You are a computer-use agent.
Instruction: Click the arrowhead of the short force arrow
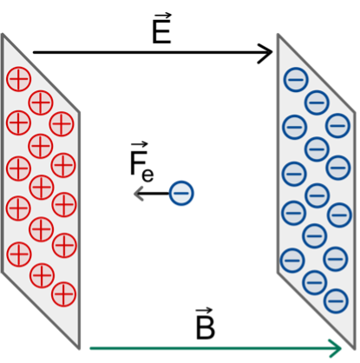coord(138,193)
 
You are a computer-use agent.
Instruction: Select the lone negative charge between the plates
coord(181,193)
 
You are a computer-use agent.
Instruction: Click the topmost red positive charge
coord(18,79)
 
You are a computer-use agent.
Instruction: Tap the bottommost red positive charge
coord(64,294)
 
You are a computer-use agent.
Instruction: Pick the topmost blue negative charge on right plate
coord(296,79)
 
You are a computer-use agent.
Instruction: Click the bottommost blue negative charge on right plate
coord(336,301)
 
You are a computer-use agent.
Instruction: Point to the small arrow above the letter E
coord(162,16)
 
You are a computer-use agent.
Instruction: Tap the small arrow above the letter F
coord(140,145)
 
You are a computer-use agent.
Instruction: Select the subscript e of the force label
coord(147,175)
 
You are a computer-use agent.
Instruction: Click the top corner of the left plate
coord(3,34)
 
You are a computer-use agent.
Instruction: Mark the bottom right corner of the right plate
coord(355,349)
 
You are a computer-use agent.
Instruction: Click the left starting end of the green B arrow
coord(90,348)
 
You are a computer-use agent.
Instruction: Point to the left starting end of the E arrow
coord(34,52)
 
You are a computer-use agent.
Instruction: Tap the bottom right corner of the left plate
coord(79,349)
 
